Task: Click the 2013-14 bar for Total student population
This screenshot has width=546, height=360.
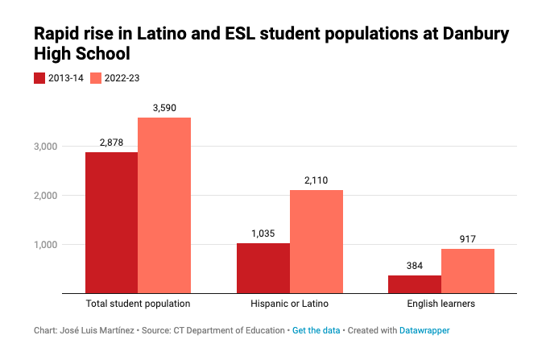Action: pos(111,222)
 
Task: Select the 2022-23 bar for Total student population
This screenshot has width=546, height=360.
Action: pos(164,205)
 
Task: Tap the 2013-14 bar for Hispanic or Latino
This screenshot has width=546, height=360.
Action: pos(263,268)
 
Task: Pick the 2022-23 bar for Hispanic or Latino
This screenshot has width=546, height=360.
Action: pos(316,242)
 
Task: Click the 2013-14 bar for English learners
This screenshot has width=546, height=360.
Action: pos(415,284)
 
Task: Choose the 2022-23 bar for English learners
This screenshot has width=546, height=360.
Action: pos(468,271)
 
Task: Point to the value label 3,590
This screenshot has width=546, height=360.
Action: pos(164,107)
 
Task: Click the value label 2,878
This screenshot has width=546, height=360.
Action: pos(111,142)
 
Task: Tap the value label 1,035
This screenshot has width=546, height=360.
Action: pos(263,233)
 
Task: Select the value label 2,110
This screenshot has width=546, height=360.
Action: pos(316,180)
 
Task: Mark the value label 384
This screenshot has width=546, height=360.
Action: pos(415,265)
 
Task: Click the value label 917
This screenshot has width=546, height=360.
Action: pos(468,238)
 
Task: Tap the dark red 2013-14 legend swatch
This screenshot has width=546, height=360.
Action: pos(40,78)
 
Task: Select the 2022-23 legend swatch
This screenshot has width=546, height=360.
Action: pos(96,78)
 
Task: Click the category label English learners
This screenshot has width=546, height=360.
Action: pos(441,304)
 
